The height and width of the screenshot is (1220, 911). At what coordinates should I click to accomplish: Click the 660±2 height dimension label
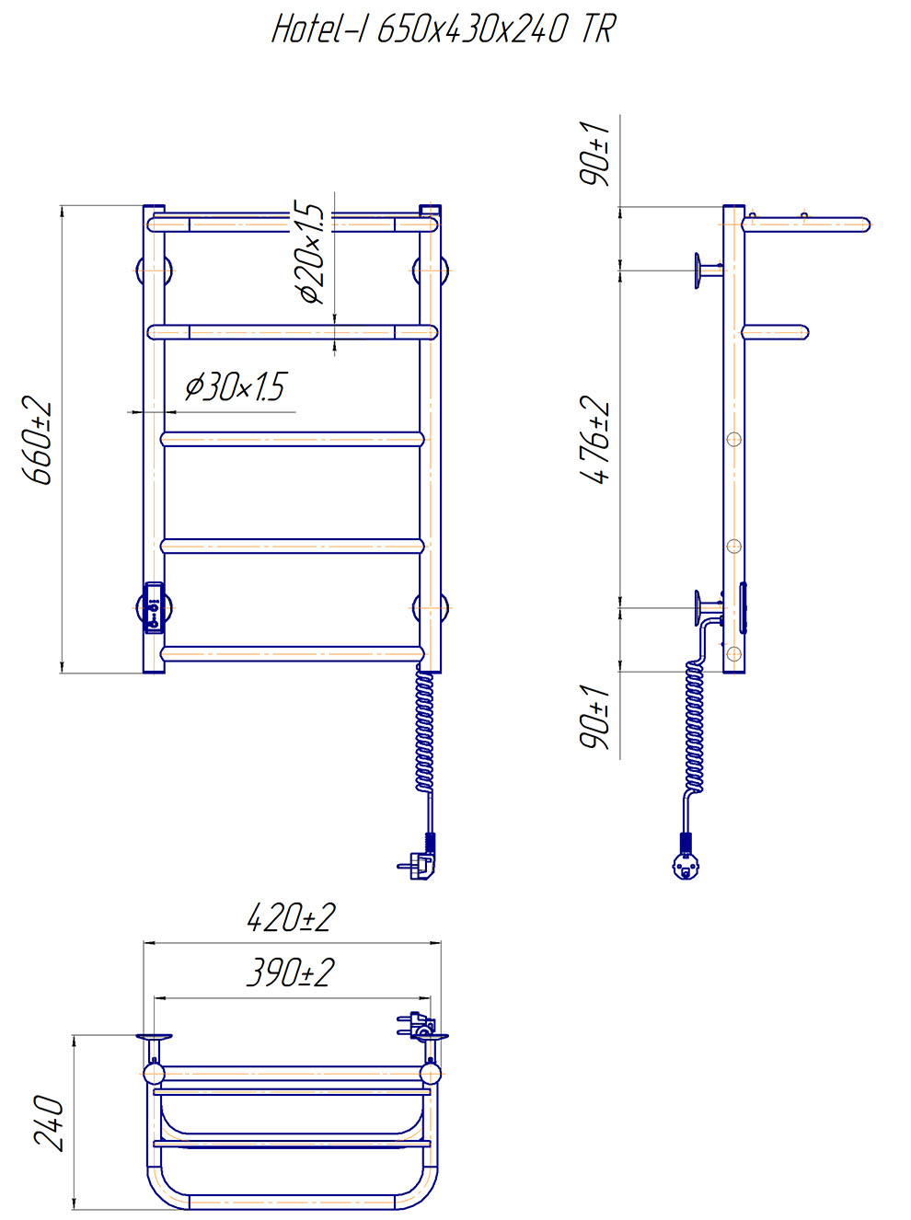pos(37,440)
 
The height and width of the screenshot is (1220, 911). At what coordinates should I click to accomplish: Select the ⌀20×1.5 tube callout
pos(311,253)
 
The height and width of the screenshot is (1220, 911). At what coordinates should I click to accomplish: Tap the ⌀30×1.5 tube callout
pos(236,386)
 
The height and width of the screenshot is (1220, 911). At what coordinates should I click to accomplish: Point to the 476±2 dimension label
pos(594,440)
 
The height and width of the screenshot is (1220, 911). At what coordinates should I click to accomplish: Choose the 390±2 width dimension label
pos(291,973)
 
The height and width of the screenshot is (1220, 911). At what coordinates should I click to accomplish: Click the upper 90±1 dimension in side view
pos(594,154)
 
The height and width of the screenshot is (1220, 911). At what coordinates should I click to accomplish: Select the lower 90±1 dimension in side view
pos(594,716)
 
